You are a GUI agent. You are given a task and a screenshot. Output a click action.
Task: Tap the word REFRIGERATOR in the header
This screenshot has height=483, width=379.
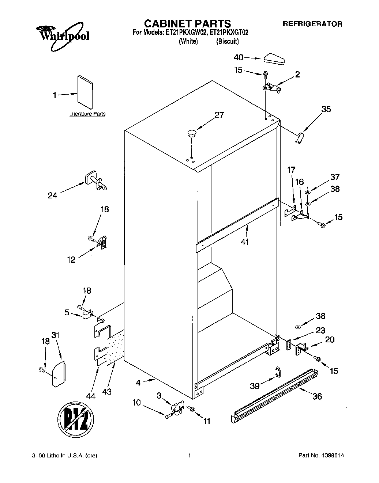click(x=313, y=24)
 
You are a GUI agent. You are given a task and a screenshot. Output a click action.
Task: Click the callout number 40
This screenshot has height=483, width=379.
click(x=238, y=57)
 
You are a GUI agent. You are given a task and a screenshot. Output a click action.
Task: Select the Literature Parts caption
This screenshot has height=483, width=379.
click(x=87, y=114)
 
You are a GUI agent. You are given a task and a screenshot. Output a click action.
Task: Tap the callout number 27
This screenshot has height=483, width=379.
click(x=219, y=115)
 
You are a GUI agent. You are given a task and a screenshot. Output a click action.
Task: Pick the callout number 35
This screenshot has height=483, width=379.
click(x=326, y=109)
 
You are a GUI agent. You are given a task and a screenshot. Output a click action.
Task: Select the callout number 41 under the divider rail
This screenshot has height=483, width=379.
click(x=244, y=241)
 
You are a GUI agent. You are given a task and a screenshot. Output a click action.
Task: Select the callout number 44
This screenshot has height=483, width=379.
click(x=90, y=396)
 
